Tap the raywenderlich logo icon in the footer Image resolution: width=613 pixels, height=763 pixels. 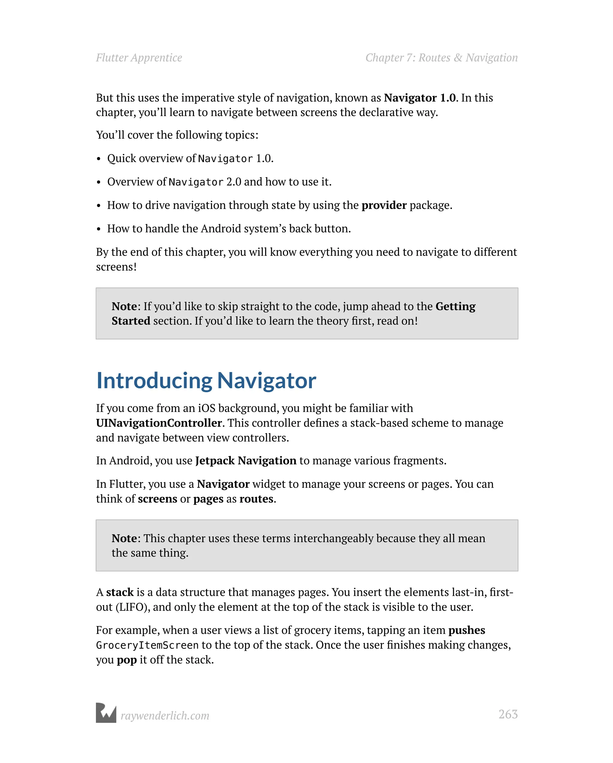106,712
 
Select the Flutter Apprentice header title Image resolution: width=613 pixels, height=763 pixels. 139,58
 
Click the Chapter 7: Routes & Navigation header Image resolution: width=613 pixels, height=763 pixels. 441,58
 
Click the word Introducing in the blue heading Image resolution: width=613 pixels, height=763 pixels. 154,381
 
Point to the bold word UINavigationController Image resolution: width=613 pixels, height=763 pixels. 159,423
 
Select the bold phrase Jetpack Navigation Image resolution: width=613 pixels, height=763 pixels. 245,460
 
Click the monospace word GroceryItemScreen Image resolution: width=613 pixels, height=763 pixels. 147,645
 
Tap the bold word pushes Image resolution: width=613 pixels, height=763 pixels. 466,630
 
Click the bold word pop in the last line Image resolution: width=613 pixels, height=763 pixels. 127,660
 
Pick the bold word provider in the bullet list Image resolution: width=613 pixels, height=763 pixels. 384,205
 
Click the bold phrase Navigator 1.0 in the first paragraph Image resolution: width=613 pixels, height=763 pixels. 420,98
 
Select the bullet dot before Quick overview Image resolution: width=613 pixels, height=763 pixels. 99,159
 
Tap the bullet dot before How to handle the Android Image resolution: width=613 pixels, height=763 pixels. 99,229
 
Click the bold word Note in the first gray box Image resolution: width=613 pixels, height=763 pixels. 124,306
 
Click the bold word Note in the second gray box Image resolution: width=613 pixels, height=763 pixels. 124,538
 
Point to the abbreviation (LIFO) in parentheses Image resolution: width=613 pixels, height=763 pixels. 131,607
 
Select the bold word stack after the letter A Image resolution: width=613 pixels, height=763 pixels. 120,592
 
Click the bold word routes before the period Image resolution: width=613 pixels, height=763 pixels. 256,499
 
